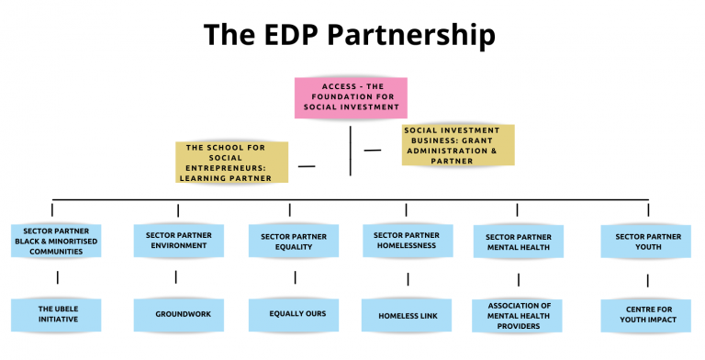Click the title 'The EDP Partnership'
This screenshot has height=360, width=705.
tap(349, 35)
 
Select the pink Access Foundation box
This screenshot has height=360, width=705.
tap(351, 97)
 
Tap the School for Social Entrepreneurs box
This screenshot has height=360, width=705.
tap(233, 162)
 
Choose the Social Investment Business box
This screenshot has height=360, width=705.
tap(458, 146)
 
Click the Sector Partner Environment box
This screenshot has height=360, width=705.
tap(178, 241)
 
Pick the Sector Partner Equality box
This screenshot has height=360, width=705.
tap(290, 242)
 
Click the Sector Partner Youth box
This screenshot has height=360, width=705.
tap(648, 242)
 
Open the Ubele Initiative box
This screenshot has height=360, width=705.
tap(58, 314)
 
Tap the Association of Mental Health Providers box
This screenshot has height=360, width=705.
tap(518, 315)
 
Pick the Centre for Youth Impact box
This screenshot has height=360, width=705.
tap(647, 315)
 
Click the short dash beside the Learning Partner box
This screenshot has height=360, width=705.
tap(307, 166)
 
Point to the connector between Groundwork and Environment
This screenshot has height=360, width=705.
tap(176, 276)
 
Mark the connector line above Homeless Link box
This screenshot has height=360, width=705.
tap(406, 278)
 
